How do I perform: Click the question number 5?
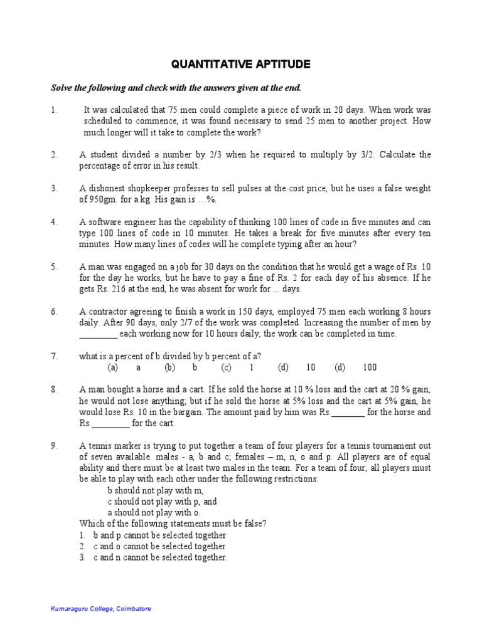(54, 266)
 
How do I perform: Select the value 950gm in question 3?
(104, 199)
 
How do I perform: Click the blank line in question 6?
(98, 334)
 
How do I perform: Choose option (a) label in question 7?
(113, 367)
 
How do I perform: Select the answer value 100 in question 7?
(370, 367)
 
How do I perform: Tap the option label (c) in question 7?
(226, 367)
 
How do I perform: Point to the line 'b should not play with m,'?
(155, 490)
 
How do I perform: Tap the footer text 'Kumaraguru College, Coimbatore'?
(101, 609)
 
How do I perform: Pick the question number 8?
(54, 389)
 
